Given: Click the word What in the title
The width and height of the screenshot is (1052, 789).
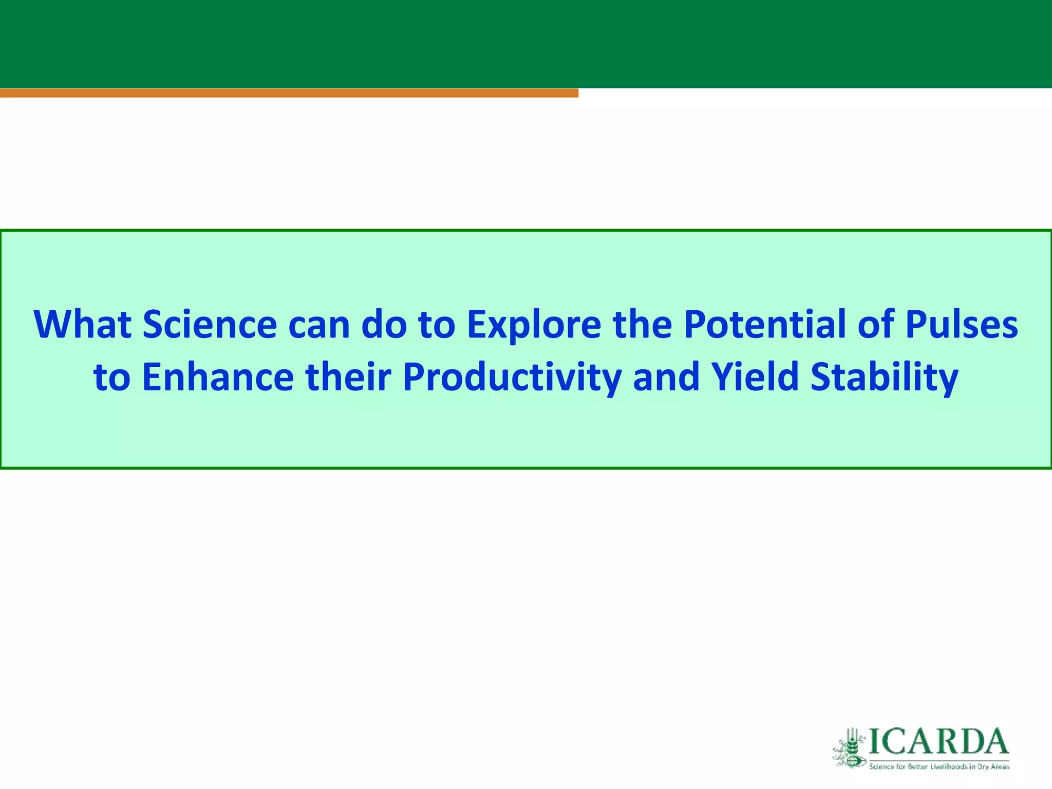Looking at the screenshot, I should [82, 325].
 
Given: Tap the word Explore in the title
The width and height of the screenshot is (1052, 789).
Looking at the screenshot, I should [534, 325].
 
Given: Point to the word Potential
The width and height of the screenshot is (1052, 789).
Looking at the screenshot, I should [765, 325].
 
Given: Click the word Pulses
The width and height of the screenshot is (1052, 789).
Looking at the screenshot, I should [961, 325].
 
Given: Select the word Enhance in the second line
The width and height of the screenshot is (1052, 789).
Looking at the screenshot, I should [218, 377].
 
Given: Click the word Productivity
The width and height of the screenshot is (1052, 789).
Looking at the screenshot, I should [512, 377].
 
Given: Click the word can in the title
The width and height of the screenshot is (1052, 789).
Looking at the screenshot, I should [319, 325].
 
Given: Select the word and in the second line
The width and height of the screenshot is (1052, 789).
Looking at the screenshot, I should [666, 377].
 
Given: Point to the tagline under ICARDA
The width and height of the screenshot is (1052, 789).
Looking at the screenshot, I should [939, 767].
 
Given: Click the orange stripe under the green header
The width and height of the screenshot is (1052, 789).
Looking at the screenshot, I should [289, 93].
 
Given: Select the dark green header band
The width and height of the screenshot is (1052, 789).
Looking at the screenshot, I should [526, 44].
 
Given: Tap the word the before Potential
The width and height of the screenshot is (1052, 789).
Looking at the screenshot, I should [642, 325].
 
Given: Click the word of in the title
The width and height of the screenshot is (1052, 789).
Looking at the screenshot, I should [875, 325].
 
